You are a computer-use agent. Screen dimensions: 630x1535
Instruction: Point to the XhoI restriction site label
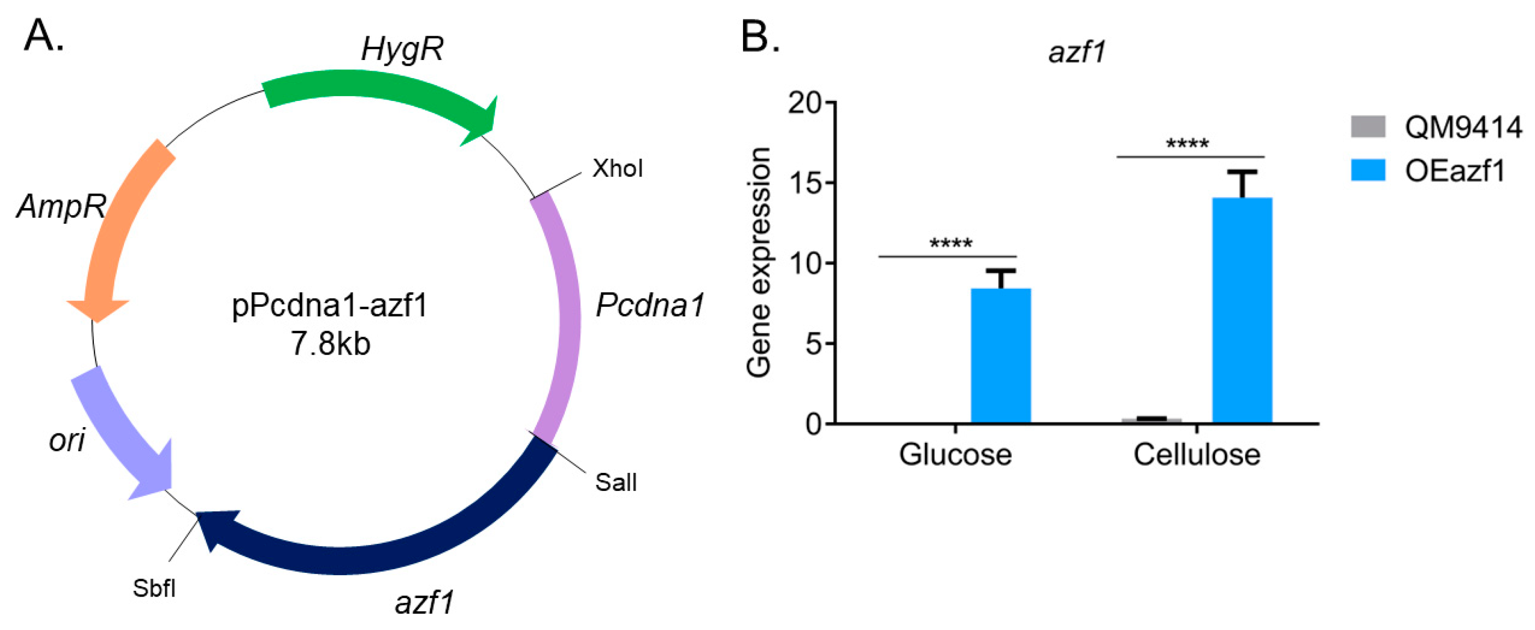point(617,169)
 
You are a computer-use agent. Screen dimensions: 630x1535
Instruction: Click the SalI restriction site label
point(616,482)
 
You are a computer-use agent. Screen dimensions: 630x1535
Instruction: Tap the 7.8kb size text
point(331,344)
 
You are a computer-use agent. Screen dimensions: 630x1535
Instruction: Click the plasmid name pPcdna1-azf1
point(329,306)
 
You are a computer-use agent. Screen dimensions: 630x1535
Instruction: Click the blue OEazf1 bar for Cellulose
point(1242,310)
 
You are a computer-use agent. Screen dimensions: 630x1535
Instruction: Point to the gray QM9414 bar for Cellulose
point(1151,420)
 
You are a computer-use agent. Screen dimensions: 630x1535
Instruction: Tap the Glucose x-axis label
point(955,455)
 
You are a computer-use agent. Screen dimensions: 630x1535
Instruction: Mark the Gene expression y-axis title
point(759,262)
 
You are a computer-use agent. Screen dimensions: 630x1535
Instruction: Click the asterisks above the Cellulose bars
point(1187,145)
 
